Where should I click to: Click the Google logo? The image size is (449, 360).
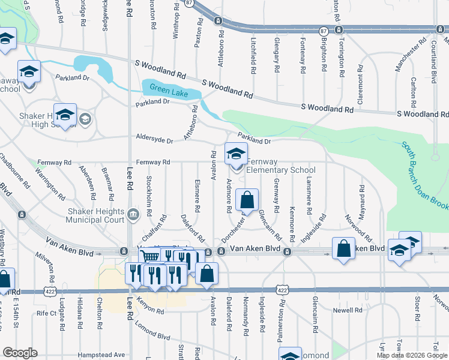[x=19, y=353]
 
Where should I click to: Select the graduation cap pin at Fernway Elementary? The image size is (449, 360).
[x=236, y=154]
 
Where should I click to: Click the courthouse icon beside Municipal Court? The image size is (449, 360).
[x=133, y=212]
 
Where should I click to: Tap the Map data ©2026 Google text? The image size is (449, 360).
[x=412, y=355]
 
